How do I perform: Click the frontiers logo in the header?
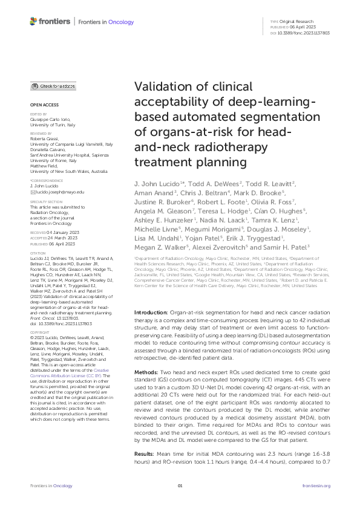click(x=48, y=21)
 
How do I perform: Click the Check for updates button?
click(x=53, y=87)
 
